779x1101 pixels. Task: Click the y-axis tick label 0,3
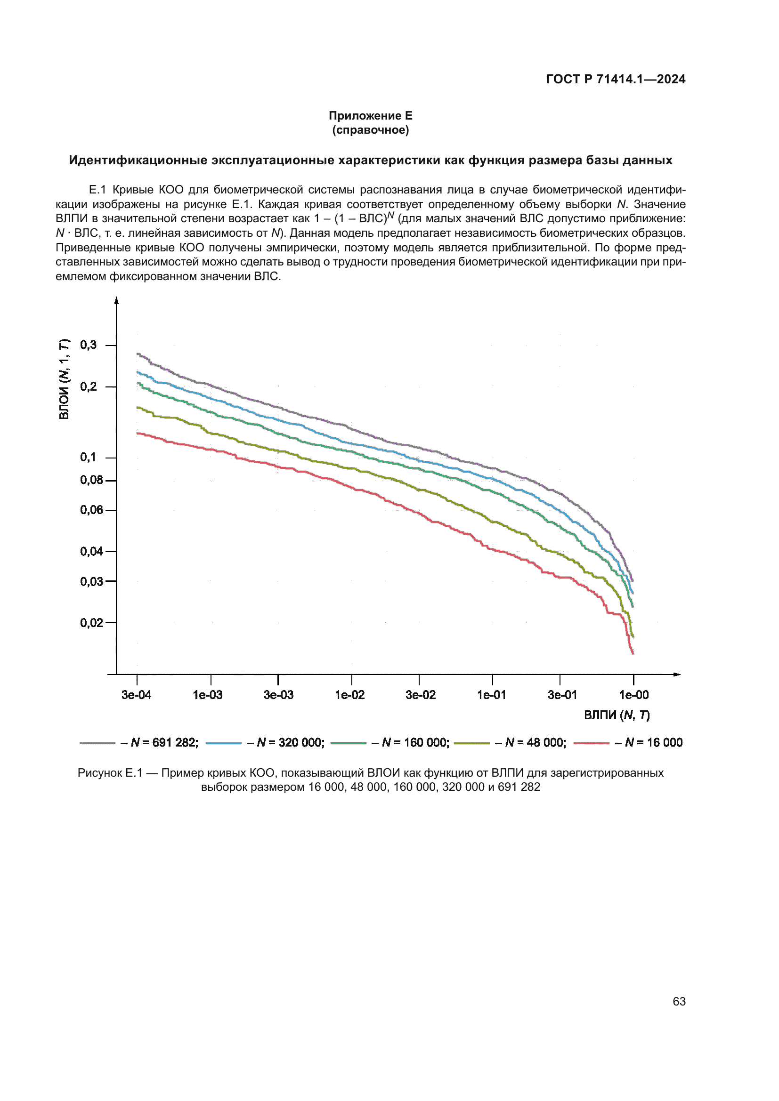88,345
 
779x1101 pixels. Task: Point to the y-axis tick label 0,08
91,480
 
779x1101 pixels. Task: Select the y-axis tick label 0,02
91,622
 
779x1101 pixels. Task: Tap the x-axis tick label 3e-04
136,695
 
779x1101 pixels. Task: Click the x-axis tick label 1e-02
349,695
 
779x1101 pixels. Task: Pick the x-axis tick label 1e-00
633,695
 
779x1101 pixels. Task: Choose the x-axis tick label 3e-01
562,695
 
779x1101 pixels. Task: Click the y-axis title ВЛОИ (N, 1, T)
64,379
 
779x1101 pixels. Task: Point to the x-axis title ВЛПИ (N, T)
617,715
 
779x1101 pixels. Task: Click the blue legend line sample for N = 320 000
224,743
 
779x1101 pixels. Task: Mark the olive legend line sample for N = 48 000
471,743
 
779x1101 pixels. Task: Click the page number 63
679,1001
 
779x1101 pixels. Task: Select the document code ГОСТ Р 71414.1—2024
616,79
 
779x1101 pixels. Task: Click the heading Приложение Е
370,116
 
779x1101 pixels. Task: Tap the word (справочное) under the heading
370,130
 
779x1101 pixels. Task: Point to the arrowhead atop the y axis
116,301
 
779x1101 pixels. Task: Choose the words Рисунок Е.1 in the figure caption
110,773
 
